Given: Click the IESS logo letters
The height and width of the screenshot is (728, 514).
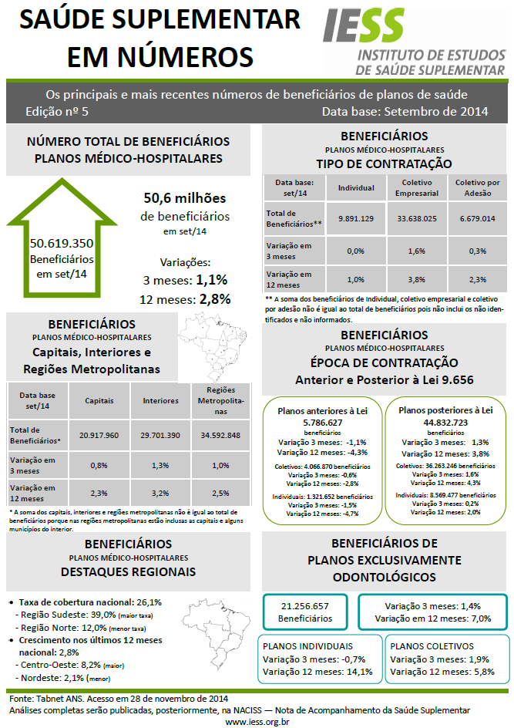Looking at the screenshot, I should coord(363,26).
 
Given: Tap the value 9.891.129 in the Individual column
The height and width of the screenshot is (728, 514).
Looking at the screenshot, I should coord(356,218).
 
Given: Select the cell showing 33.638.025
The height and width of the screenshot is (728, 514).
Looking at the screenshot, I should coord(417,218).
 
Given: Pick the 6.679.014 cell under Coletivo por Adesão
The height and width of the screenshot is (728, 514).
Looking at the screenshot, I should coord(477,218).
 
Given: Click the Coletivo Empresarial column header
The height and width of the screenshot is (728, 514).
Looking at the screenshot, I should coord(417,187).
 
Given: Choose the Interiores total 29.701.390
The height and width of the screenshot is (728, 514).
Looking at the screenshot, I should coord(161,435).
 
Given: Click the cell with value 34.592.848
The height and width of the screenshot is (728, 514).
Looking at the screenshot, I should coord(220,435).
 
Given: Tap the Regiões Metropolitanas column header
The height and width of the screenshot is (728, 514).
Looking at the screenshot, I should coord(220,400).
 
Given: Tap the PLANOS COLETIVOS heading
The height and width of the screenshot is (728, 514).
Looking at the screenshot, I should coord(432,646).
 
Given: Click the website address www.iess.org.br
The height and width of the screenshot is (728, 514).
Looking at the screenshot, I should coord(257,721).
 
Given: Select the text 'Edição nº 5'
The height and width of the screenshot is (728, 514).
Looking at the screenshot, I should coord(57,111).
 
